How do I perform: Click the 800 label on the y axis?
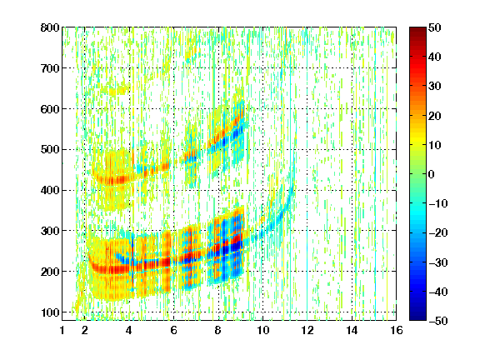pos(50,27)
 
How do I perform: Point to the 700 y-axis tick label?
pos(50,68)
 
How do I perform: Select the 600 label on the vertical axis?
pos(50,109)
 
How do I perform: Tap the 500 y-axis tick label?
pos(50,150)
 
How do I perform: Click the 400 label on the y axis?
pos(50,190)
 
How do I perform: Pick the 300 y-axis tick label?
pos(50,231)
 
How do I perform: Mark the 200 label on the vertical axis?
pos(50,272)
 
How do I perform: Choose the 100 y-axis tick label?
pos(50,312)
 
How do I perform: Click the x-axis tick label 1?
pos(62,330)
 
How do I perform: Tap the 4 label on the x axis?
pos(129,330)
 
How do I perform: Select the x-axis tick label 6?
pos(173,330)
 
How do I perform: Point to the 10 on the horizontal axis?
pos(262,330)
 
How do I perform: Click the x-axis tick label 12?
pos(307,330)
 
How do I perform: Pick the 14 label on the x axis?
pos(352,330)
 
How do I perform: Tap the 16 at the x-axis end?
pos(397,330)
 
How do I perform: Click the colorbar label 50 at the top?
pos(434,27)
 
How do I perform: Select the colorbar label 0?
pos(432,174)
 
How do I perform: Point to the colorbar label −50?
pos(438,321)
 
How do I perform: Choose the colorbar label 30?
pos(434,87)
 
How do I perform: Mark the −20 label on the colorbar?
pos(438,233)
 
